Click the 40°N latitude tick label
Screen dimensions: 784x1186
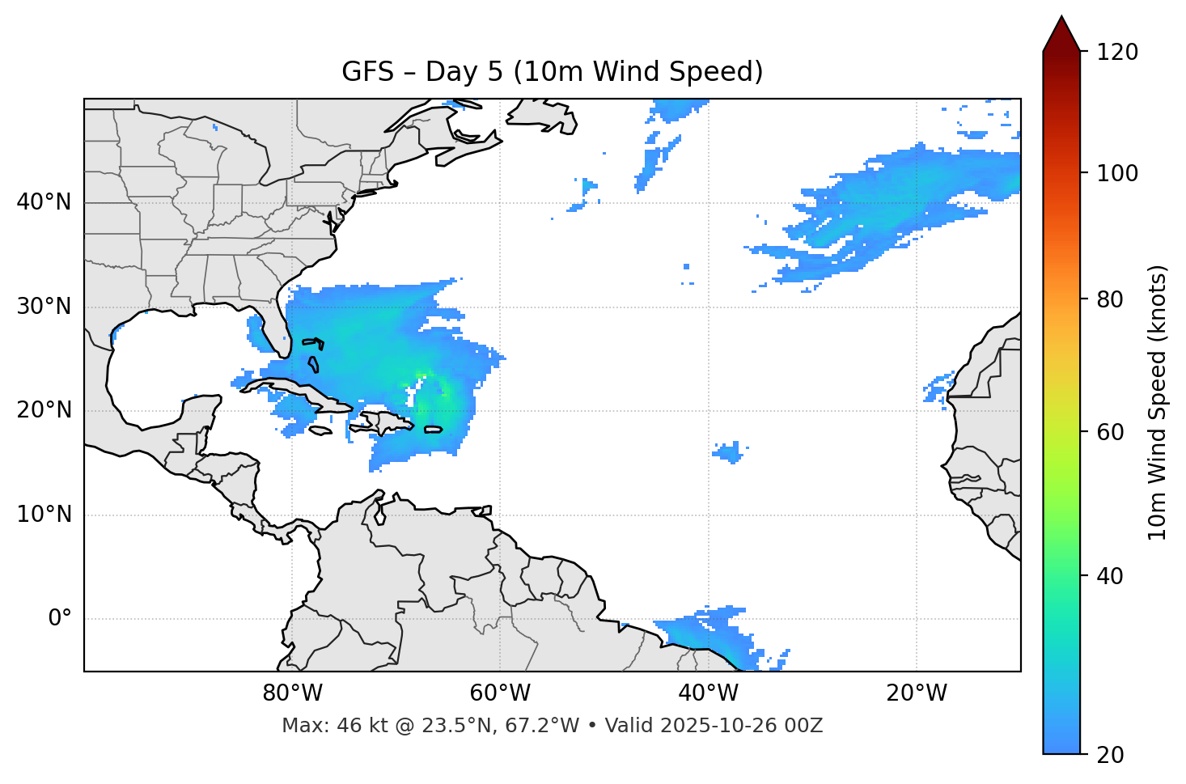[x=44, y=202]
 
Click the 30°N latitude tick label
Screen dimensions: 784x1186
[x=44, y=307]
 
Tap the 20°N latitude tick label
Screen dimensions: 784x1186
[x=44, y=410]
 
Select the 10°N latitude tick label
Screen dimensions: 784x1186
[x=44, y=515]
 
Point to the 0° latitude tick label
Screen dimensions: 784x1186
[x=60, y=619]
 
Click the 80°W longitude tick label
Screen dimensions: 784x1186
[x=292, y=693]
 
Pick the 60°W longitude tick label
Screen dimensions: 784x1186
[x=500, y=693]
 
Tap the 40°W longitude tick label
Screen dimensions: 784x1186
[x=708, y=693]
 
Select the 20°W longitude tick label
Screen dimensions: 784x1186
[x=916, y=693]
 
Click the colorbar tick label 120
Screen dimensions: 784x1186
[x=1117, y=53]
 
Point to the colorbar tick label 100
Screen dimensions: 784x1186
[x=1117, y=173]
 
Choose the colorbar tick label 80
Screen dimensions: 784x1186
[x=1112, y=299]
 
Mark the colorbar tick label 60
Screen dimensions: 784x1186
[x=1112, y=432]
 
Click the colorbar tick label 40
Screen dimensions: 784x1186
[x=1112, y=576]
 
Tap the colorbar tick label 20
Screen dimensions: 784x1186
[x=1112, y=755]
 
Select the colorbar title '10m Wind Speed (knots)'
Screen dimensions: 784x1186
[x=1158, y=403]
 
